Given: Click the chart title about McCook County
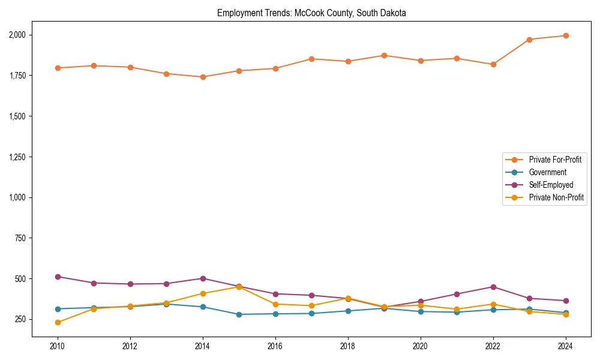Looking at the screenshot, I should point(311,13).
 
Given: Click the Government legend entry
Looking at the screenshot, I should point(547,172).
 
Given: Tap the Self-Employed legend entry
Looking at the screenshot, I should point(551,185).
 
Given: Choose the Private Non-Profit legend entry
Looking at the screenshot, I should point(556,197).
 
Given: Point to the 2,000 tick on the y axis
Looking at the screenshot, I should point(18,35).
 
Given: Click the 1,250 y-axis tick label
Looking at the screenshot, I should point(18,157).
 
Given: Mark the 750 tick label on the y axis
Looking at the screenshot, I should point(22,238).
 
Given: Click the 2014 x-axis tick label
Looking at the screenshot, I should point(203,346).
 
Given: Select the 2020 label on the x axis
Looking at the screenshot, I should point(421,346).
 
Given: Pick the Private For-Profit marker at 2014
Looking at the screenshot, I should point(203,77).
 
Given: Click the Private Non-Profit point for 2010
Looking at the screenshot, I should point(58,322).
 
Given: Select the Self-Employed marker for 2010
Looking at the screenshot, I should point(58,277).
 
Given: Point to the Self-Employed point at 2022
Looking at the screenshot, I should point(493,287).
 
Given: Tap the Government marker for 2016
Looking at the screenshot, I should point(275,314).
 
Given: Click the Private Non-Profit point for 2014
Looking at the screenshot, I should point(203,293).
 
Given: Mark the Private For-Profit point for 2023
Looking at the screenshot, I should point(529,40).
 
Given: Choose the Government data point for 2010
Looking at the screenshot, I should point(58,309).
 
